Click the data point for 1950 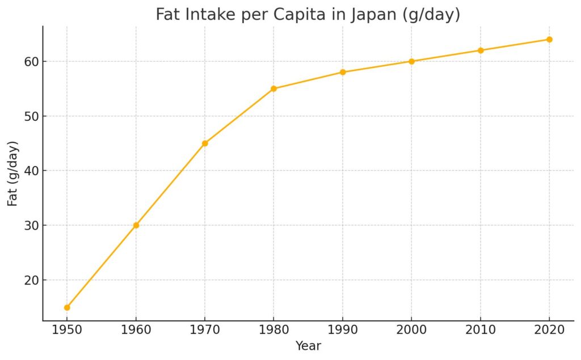click(67, 307)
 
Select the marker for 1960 click(136, 225)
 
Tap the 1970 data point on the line click(205, 143)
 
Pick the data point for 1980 click(273, 88)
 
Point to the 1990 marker click(343, 72)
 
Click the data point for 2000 click(411, 61)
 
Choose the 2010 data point click(481, 50)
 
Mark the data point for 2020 click(549, 39)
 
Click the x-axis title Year click(308, 346)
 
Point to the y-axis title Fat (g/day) click(12, 173)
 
